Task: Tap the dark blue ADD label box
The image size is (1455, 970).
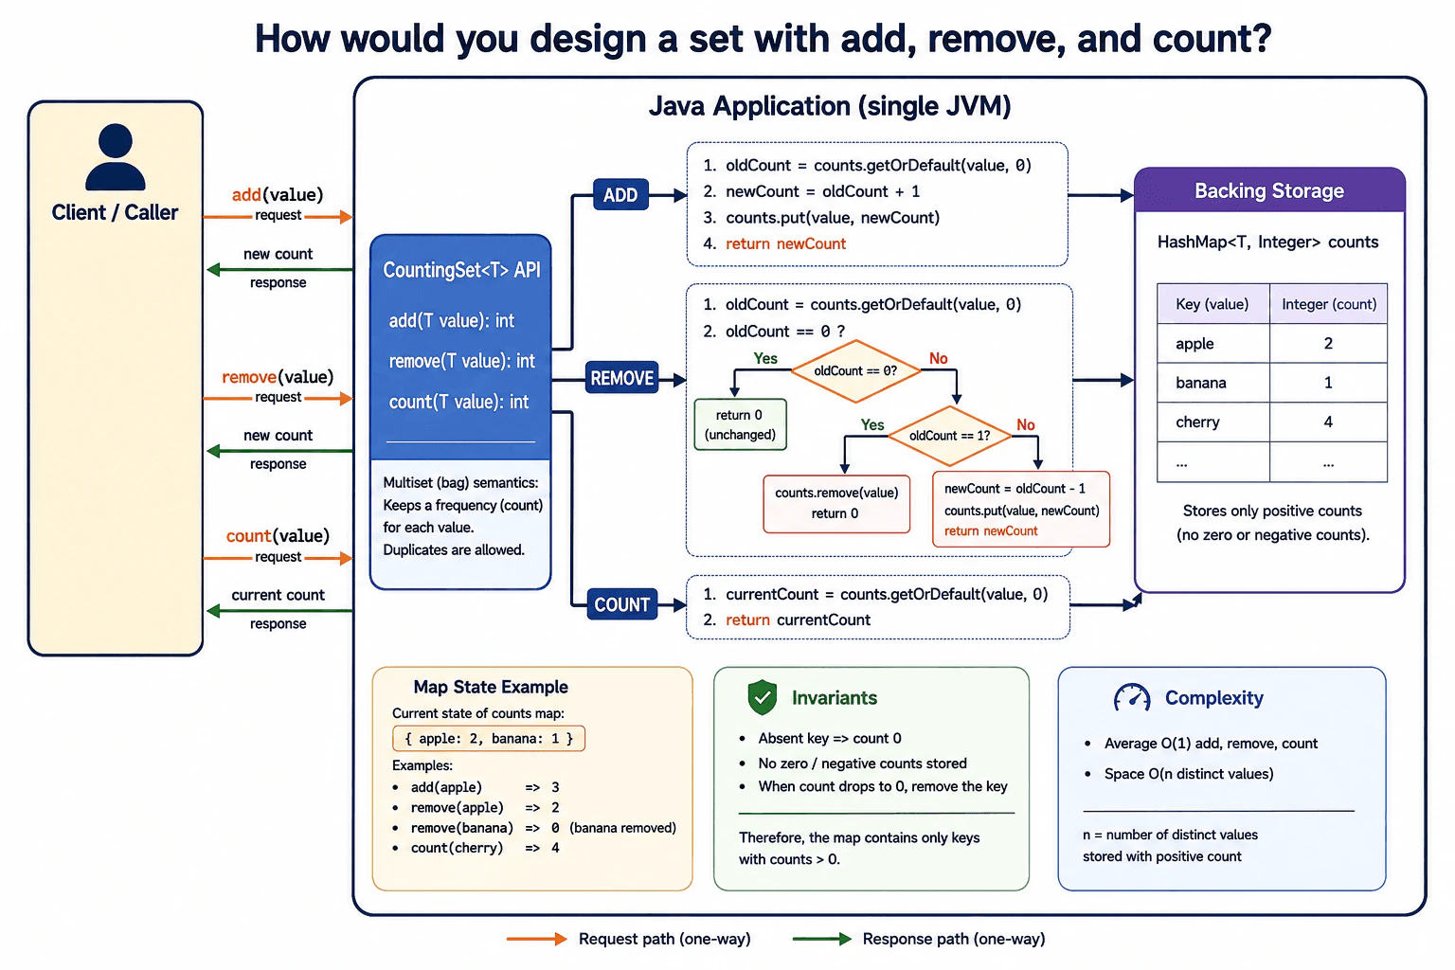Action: (x=620, y=194)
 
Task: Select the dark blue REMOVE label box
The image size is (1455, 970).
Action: (x=621, y=377)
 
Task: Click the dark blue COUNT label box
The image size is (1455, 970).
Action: (x=621, y=604)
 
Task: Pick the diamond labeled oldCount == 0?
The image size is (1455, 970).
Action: (x=855, y=371)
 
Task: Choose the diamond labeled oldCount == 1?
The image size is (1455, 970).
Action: (x=949, y=436)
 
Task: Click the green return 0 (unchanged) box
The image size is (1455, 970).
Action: (x=740, y=424)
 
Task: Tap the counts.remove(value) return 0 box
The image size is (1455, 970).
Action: (x=836, y=504)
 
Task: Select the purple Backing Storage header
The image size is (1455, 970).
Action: (x=1269, y=190)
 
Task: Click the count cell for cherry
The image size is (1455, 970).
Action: (x=1328, y=422)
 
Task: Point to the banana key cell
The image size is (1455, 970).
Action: (x=1212, y=383)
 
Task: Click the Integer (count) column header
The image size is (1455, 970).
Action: (x=1328, y=304)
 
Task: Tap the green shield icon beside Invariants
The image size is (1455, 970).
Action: (x=762, y=697)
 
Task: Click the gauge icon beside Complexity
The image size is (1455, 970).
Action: (x=1132, y=698)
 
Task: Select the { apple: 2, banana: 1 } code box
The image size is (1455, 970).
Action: (x=489, y=738)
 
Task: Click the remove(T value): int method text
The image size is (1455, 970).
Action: (x=461, y=361)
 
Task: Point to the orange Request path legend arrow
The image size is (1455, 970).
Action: (x=536, y=939)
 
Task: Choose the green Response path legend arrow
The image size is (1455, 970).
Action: (x=821, y=939)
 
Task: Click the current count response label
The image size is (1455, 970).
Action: (x=278, y=595)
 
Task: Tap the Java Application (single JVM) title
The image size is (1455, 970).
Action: (x=830, y=106)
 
